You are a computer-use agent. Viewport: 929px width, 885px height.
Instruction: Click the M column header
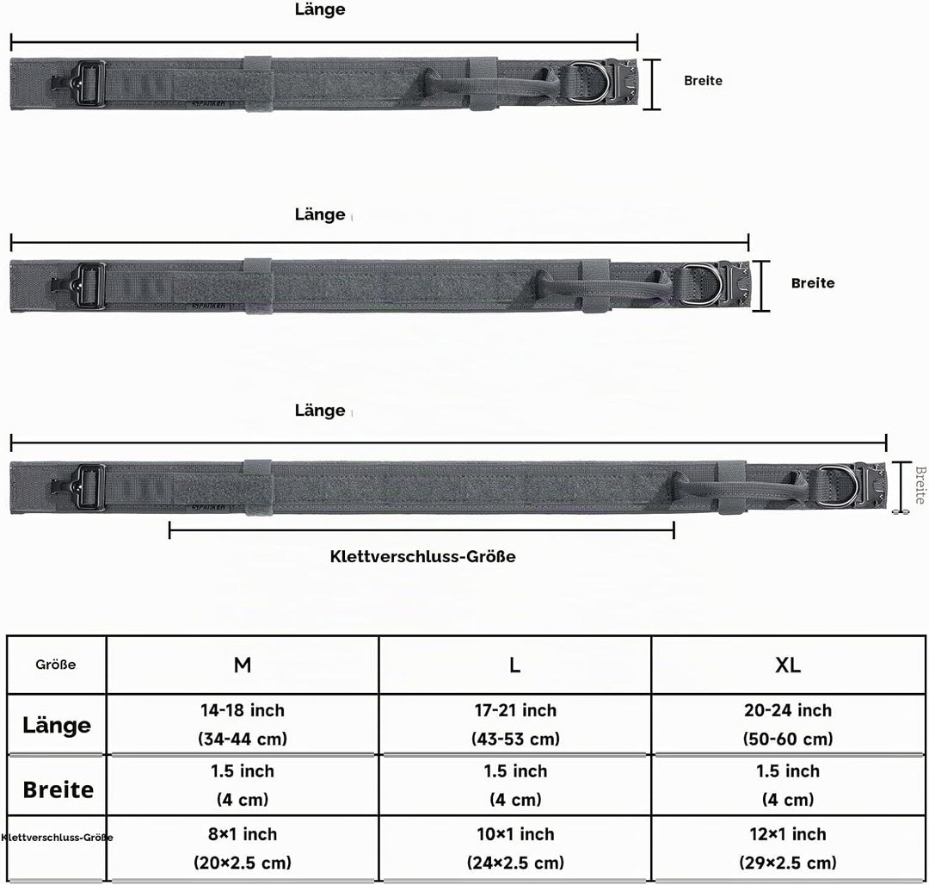point(243,665)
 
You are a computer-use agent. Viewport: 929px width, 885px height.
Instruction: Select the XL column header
point(788,665)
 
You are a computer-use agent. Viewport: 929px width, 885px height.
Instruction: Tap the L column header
point(515,665)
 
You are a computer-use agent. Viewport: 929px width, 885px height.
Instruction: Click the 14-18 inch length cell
point(243,724)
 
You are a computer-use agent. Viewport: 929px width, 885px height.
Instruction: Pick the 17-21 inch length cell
point(515,724)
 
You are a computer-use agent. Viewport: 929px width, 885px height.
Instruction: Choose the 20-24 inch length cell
point(788,724)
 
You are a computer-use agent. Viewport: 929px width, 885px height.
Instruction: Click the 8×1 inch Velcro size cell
point(243,848)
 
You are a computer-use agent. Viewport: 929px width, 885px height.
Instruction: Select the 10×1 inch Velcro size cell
point(515,848)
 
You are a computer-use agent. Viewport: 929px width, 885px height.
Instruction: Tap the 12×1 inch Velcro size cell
point(788,848)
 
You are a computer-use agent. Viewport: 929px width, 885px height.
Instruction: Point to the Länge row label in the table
point(57,725)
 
